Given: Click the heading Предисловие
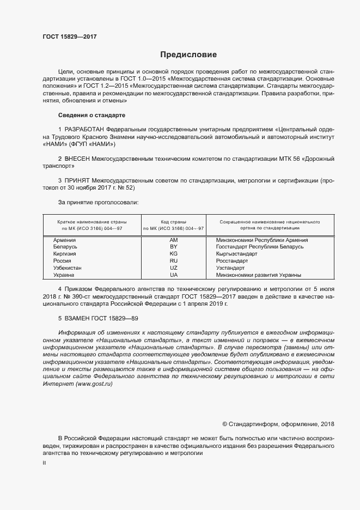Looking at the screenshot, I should pos(188,54).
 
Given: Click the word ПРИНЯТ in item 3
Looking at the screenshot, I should pos(77,180).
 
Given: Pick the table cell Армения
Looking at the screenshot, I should pos(64,240).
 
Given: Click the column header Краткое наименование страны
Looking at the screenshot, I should pos(92,222).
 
